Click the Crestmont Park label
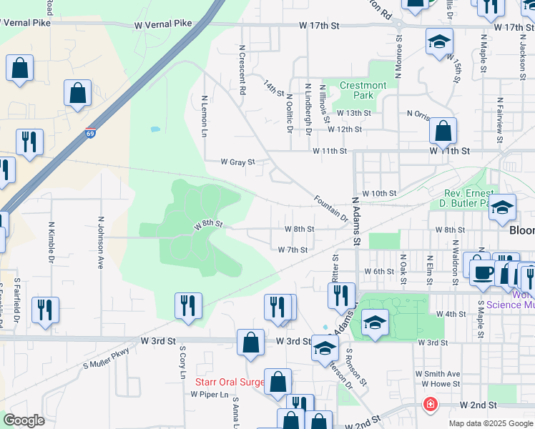[x=363, y=90]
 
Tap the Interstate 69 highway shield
[x=90, y=133]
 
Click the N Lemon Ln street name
[x=205, y=117]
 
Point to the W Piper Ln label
[x=210, y=394]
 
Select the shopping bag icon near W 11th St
[x=443, y=131]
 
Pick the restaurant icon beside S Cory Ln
[x=189, y=305]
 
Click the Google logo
[x=24, y=420]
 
